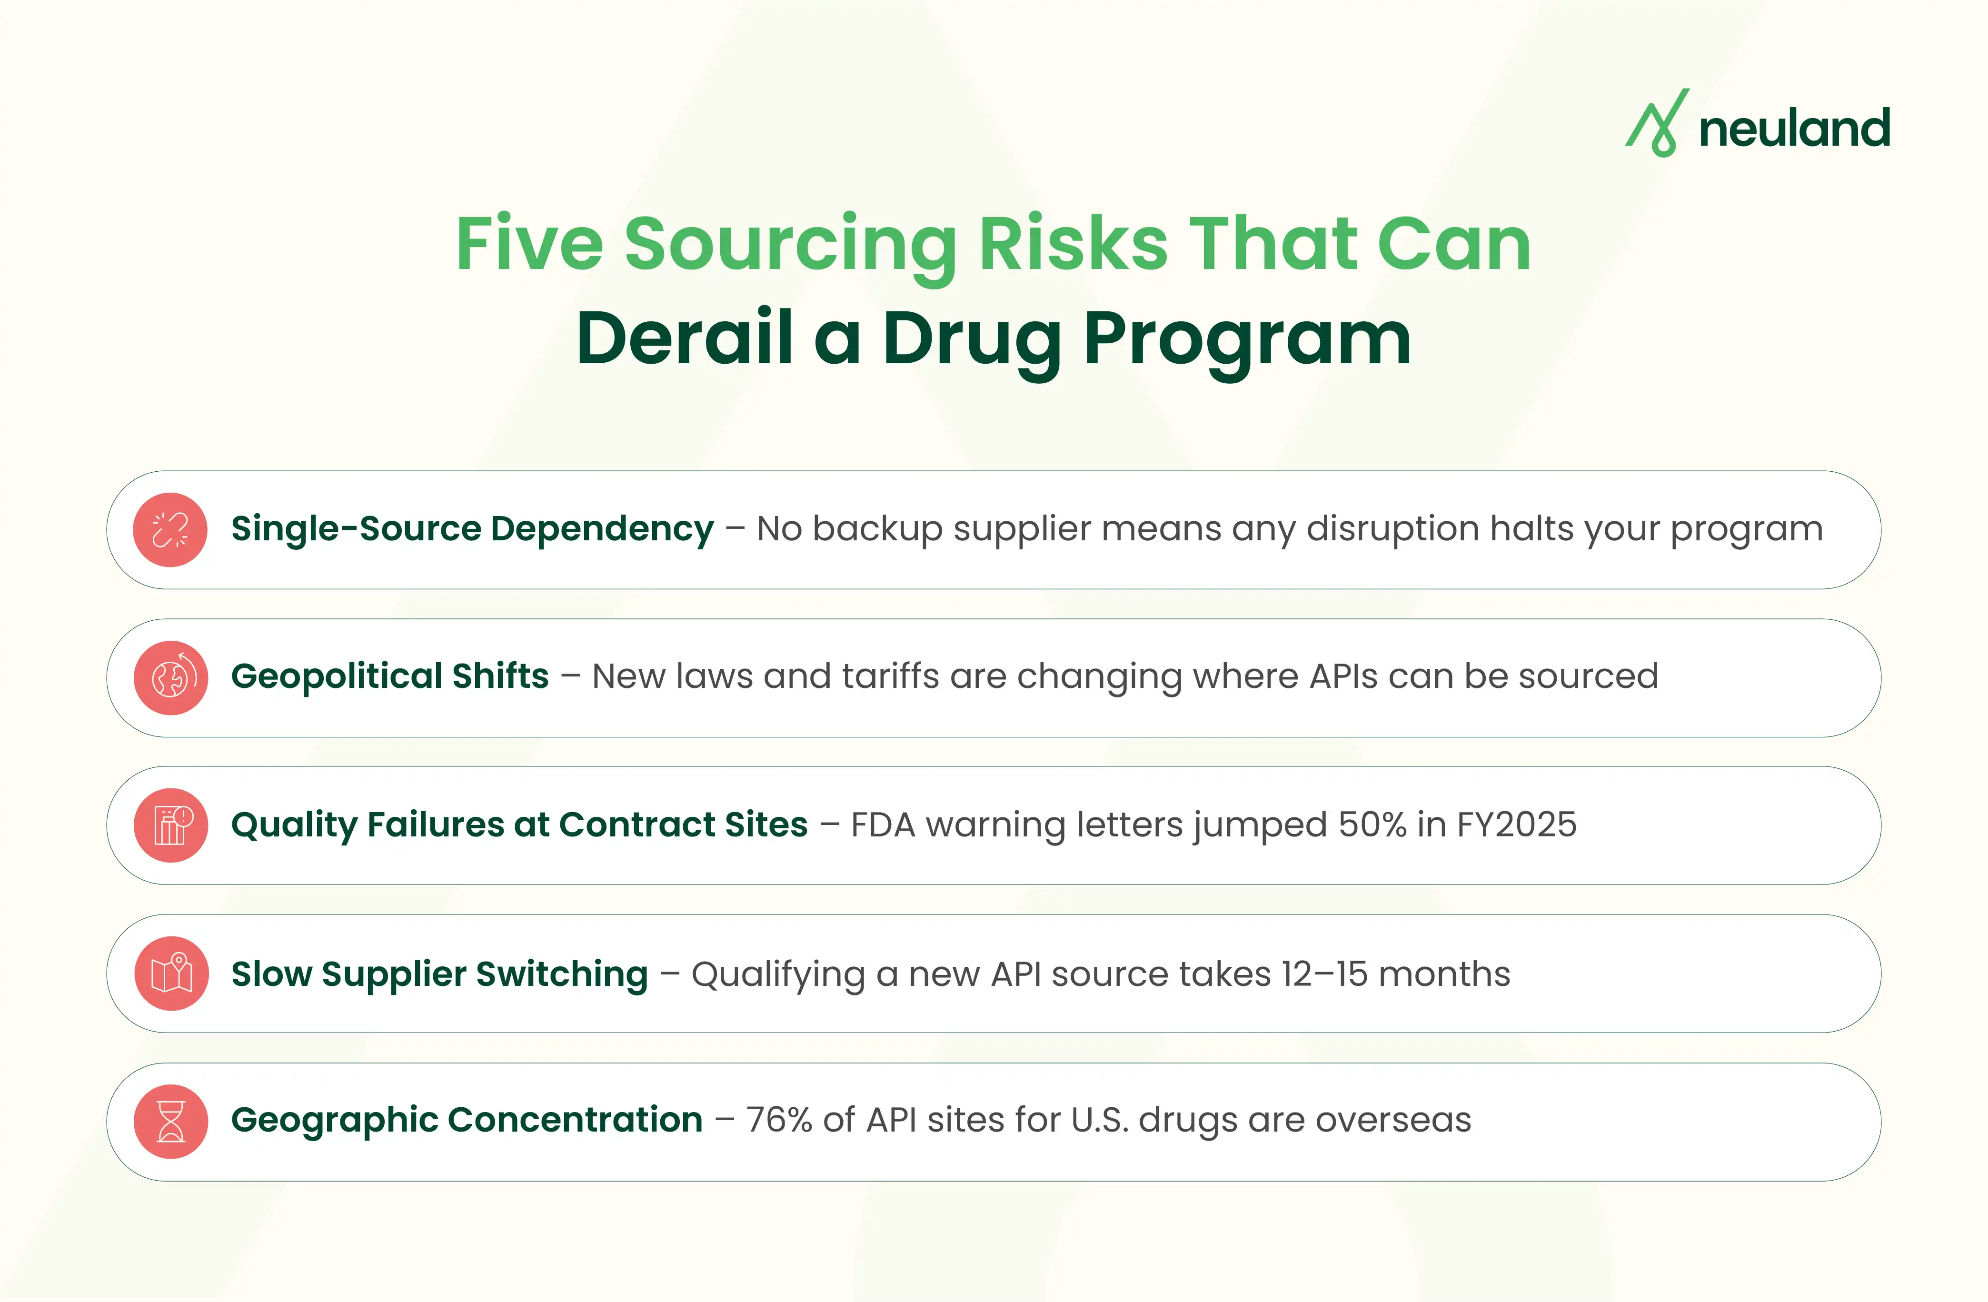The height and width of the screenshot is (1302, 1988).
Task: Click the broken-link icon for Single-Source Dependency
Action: click(x=170, y=529)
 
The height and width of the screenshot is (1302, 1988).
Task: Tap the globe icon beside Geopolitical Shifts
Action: click(x=170, y=677)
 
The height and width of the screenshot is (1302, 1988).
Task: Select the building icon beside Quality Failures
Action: click(x=170, y=825)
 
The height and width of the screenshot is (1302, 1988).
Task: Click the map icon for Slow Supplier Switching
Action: click(x=170, y=973)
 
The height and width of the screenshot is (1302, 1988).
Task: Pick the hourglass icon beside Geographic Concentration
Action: click(x=170, y=1121)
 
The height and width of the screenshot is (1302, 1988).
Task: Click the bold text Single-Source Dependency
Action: click(x=472, y=528)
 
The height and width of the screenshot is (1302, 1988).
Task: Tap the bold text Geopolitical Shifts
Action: click(x=389, y=676)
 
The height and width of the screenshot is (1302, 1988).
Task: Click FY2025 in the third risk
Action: click(x=1516, y=825)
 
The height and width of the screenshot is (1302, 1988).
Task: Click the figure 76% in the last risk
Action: click(x=778, y=1120)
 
